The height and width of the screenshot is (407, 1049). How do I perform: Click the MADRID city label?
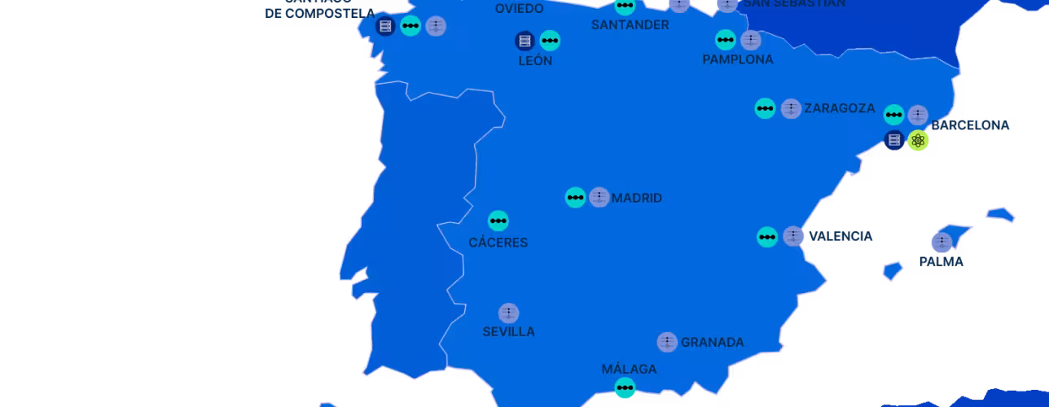coord(637,198)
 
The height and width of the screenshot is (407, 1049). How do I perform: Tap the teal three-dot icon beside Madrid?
coord(576,197)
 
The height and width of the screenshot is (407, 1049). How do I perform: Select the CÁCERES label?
coord(498,243)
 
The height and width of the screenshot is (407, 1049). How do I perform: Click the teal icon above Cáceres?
coord(498,221)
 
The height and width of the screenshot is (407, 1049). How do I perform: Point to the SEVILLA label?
coord(508,331)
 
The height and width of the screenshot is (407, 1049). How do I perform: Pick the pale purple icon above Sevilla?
coord(509,313)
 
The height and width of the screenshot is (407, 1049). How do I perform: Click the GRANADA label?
coord(712,343)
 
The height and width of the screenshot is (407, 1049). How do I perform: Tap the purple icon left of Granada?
coord(667,342)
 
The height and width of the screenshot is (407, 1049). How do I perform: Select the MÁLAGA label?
coord(629,369)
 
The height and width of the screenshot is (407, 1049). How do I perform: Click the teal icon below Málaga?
coord(625,387)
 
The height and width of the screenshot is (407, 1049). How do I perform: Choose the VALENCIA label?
coord(841,236)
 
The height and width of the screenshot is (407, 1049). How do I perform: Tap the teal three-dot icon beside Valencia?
coord(767,237)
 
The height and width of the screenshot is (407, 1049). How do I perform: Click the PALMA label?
coord(941,261)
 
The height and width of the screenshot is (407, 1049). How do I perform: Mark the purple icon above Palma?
coord(941,242)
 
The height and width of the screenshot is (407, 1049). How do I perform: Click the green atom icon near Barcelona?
coord(918,140)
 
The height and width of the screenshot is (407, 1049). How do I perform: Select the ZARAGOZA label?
coord(839,108)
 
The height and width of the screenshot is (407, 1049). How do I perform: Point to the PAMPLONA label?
coord(738,59)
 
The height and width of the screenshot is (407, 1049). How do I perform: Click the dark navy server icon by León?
coord(524,40)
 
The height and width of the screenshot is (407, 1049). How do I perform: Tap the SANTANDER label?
coord(630,24)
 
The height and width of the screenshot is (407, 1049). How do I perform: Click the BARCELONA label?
coord(971,125)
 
